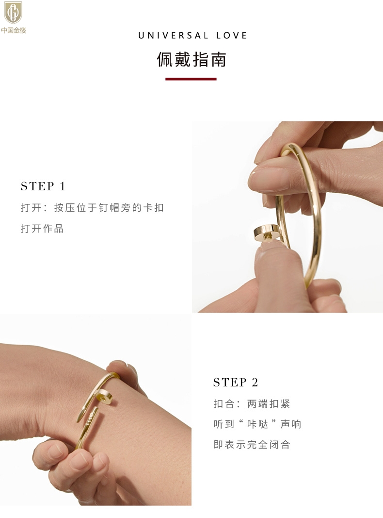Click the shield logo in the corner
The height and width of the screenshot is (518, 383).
tap(13, 12)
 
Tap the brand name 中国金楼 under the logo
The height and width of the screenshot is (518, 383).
tap(14, 31)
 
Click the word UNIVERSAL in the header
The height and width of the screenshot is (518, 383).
tap(174, 35)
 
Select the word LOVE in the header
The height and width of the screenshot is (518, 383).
tap(232, 35)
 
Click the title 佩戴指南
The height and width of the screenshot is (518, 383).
tap(191, 59)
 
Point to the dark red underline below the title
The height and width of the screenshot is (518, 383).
tap(191, 79)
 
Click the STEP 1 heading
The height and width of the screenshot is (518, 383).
tap(43, 186)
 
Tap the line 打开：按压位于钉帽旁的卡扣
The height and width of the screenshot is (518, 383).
tap(93, 208)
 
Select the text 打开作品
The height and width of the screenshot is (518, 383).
tap(42, 228)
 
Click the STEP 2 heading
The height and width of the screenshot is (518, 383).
tap(236, 382)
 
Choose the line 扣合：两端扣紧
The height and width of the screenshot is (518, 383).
tap(252, 404)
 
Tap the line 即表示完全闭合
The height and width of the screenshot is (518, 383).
tap(252, 445)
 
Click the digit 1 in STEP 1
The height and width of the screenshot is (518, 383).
tap(63, 186)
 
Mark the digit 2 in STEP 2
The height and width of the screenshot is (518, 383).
tap(255, 382)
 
